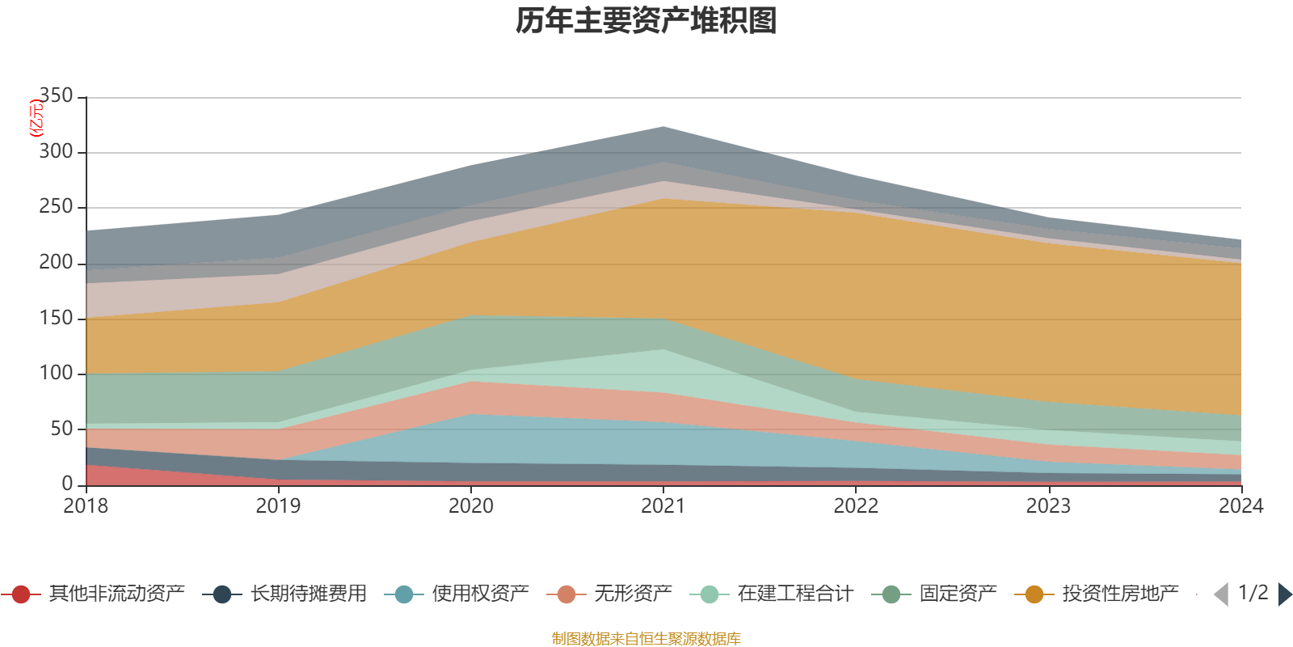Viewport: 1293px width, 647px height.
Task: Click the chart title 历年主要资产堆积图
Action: (646, 21)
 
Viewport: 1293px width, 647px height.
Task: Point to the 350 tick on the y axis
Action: (57, 96)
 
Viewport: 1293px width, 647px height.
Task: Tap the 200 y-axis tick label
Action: (57, 262)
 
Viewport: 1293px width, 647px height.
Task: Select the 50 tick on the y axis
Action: (62, 429)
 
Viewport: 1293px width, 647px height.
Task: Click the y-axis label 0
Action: (68, 484)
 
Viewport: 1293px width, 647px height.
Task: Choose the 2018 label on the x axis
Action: (86, 506)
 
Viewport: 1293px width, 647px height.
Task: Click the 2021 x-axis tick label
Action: (663, 506)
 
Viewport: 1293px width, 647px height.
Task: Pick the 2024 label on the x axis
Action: (1240, 506)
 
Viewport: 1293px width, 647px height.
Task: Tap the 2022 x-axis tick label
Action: (856, 506)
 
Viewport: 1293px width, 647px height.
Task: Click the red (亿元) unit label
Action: (36, 118)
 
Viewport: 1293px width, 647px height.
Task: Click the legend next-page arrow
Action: (1284, 594)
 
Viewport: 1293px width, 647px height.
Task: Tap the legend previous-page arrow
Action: (1221, 594)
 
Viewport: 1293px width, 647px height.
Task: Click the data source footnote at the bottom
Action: (646, 639)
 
